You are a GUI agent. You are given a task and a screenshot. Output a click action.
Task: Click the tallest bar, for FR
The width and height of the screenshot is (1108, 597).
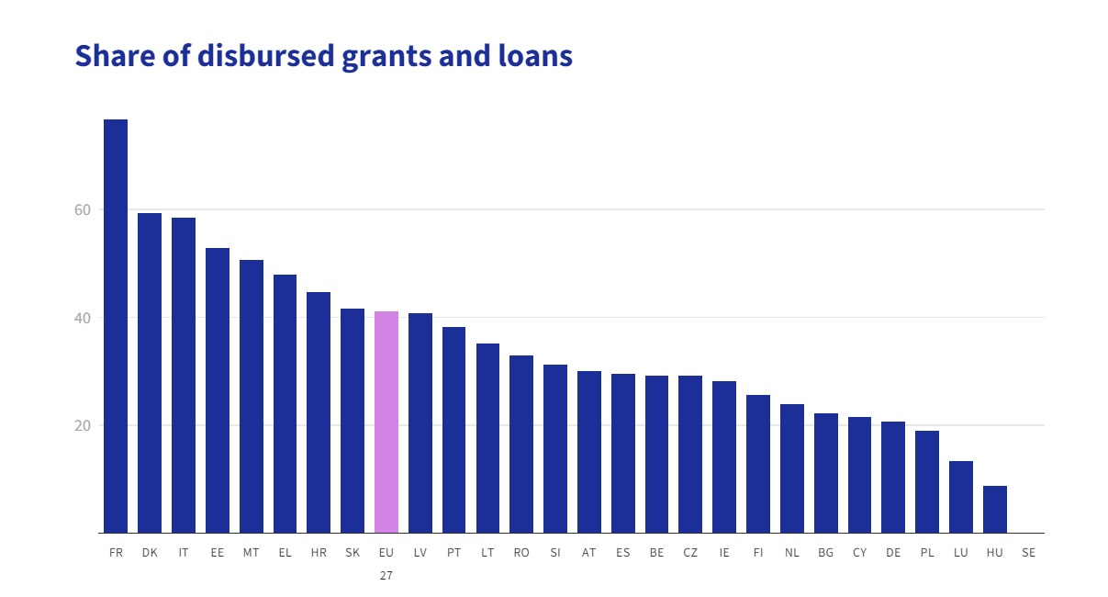tap(116, 326)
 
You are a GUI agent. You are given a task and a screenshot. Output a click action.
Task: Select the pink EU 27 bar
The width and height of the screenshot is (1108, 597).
tap(386, 422)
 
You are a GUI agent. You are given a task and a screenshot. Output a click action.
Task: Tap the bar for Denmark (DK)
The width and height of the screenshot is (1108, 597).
tap(150, 373)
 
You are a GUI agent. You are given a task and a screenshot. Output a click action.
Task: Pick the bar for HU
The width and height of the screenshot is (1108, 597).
tap(995, 510)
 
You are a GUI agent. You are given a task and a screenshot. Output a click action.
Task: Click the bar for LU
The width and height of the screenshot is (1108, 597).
tap(961, 497)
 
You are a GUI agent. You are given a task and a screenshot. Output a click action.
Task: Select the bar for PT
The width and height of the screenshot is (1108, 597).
tap(454, 430)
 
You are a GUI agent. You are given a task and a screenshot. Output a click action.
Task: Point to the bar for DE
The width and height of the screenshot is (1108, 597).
tap(893, 478)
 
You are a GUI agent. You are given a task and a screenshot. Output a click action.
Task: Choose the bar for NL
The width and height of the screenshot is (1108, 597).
tap(792, 468)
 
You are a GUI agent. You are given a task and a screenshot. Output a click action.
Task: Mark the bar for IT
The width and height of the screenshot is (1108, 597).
tap(184, 375)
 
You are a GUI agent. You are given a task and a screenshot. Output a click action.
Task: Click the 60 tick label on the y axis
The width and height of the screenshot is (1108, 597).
tap(83, 209)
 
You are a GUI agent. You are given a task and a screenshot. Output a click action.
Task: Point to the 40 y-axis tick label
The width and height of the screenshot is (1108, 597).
tap(83, 318)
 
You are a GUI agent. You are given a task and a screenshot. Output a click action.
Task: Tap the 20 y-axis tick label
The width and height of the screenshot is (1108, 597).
tap(83, 426)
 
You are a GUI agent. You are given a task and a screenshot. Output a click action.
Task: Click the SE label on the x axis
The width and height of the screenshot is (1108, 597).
tap(1028, 553)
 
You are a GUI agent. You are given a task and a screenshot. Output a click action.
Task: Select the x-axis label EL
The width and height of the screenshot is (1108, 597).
tap(285, 553)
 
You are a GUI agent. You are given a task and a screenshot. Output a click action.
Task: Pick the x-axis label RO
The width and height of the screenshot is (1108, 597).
tap(521, 553)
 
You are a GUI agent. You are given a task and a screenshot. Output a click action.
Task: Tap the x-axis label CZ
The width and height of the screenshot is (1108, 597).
tap(690, 553)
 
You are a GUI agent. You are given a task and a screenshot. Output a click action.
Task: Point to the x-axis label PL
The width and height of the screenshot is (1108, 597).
tap(927, 553)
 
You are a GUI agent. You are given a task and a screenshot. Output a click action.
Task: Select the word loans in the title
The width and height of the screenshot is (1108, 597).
tap(536, 56)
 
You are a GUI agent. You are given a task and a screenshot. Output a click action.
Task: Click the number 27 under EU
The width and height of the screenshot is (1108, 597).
tap(386, 575)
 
